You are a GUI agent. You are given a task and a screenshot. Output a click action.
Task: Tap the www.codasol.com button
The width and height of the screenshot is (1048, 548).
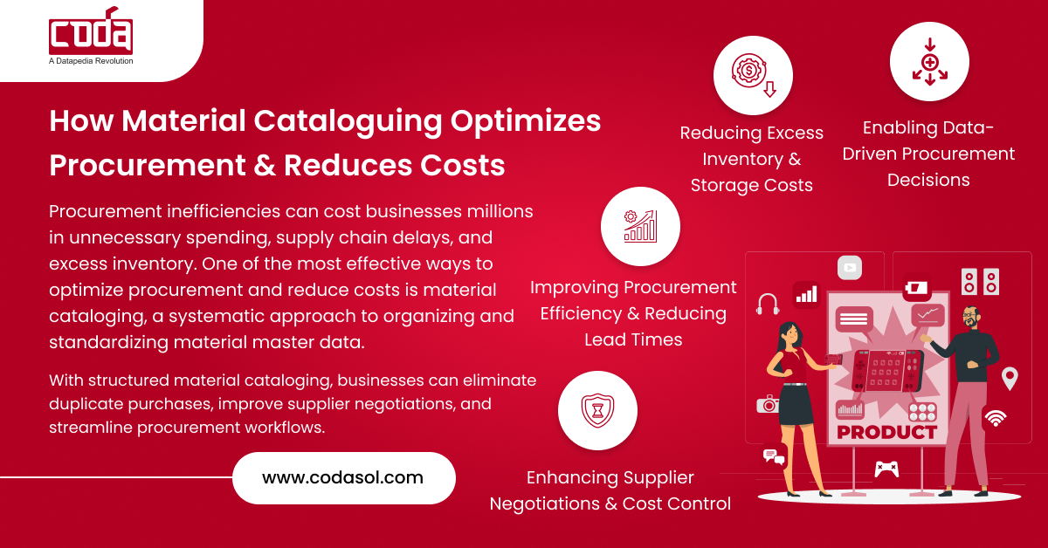343,477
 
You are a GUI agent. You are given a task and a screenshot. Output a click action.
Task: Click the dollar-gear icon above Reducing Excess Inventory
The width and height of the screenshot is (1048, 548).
753,75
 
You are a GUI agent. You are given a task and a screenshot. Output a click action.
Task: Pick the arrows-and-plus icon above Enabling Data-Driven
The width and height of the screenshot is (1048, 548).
929,62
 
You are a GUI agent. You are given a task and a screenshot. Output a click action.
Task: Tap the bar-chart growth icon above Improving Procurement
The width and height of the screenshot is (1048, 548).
640,225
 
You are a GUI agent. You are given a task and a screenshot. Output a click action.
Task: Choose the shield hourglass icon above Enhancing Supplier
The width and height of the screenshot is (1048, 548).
597,410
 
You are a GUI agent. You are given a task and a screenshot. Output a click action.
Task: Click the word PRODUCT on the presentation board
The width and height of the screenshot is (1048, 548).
886,432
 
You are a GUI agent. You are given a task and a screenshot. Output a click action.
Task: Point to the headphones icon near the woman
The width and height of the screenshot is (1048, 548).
768,303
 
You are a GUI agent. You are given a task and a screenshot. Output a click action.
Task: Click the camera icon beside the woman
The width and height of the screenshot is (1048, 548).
768,404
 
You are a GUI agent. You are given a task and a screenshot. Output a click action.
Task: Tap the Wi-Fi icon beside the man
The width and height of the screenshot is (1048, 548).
995,418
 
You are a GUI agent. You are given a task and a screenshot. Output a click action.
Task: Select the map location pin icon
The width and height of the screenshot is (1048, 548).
1010,378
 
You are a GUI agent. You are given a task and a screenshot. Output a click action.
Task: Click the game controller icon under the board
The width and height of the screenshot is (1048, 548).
886,469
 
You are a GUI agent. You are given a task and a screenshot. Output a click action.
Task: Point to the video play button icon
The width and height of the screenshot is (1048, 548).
849,267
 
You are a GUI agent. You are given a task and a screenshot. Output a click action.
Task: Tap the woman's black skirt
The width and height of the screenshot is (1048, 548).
796,408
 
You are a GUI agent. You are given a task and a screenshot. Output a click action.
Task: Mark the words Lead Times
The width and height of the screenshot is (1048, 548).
633,339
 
